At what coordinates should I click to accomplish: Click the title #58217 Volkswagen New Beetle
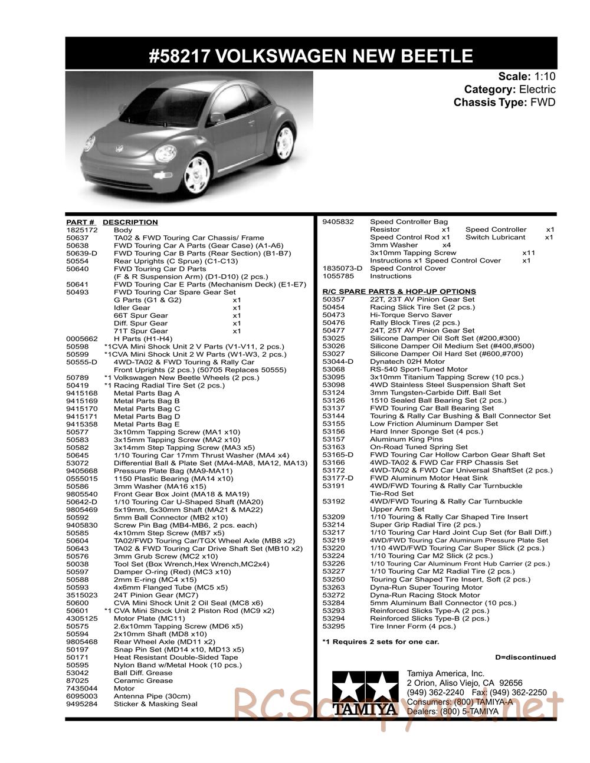pos(311,56)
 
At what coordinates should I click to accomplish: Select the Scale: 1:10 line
pos(526,77)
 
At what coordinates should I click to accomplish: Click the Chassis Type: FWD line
pos(504,103)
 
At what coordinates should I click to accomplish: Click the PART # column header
pos(80,222)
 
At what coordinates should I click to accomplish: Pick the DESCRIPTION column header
pos(130,222)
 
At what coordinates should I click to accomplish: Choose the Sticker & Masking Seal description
pos(155,703)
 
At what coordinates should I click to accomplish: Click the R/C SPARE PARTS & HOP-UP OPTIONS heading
pos(399,291)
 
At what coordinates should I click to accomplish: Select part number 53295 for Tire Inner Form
pos(334,626)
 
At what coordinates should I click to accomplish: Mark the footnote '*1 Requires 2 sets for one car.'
pos(381,642)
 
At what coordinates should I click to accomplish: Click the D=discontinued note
pos(525,657)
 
